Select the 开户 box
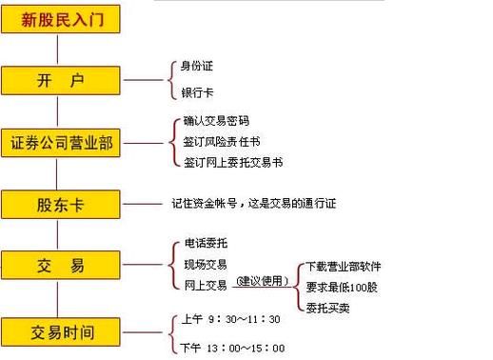tap(63, 81)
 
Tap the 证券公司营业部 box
tap(63, 144)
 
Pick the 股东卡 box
tap(63, 203)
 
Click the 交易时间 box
tap(63, 331)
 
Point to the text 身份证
tap(197, 68)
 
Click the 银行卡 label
tap(197, 93)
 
